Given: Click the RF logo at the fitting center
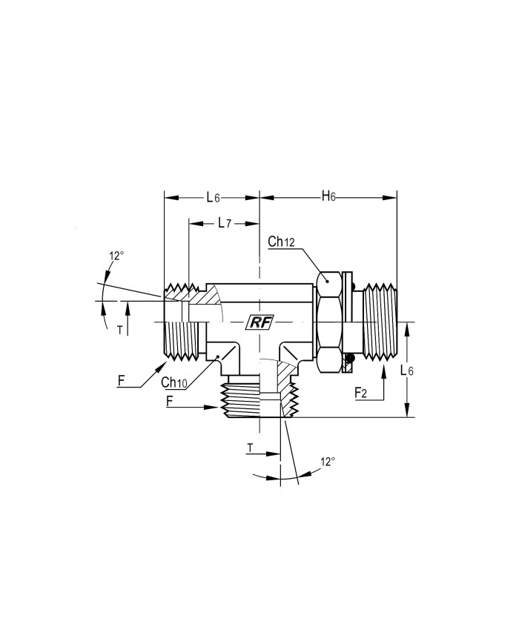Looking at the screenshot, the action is [259, 323].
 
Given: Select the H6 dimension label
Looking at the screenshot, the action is [328, 196].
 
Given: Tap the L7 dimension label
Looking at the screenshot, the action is [225, 223].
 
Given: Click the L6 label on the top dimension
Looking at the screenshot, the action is [214, 198].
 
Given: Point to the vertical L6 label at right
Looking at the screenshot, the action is [407, 371].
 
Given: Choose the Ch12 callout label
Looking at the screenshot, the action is [281, 242].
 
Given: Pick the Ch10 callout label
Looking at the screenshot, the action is [173, 382].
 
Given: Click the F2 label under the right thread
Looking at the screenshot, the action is [361, 393].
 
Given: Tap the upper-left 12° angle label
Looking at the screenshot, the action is [116, 256].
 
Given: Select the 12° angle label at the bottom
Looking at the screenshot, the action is [328, 462].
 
